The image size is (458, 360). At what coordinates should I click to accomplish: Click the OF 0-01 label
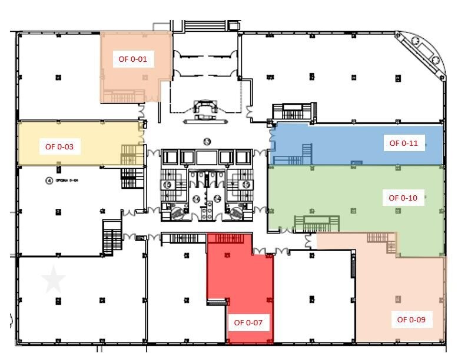pyautogui.click(x=133, y=59)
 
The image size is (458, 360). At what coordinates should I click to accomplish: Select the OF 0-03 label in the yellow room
pyautogui.click(x=59, y=146)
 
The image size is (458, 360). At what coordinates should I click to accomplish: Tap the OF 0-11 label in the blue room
pyautogui.click(x=404, y=143)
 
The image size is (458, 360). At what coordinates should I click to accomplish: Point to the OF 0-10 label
pyautogui.click(x=403, y=198)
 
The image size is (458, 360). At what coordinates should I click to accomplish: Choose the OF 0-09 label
pyautogui.click(x=411, y=320)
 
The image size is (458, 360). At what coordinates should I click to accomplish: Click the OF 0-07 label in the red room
pyautogui.click(x=248, y=322)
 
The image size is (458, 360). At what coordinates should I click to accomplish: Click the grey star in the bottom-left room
pyautogui.click(x=54, y=279)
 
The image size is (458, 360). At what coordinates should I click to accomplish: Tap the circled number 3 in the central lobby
pyautogui.click(x=207, y=141)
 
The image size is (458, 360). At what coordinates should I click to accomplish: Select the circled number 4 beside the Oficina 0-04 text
pyautogui.click(x=48, y=181)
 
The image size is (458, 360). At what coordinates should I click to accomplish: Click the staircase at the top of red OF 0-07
pyautogui.click(x=230, y=238)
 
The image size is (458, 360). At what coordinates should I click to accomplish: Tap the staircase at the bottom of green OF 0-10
pyautogui.click(x=317, y=224)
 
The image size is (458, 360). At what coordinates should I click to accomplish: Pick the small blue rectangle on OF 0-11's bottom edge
pyautogui.click(x=356, y=163)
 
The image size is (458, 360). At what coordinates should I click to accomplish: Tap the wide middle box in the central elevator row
pyautogui.click(x=207, y=157)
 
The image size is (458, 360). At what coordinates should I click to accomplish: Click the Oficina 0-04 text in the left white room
pyautogui.click(x=67, y=181)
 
